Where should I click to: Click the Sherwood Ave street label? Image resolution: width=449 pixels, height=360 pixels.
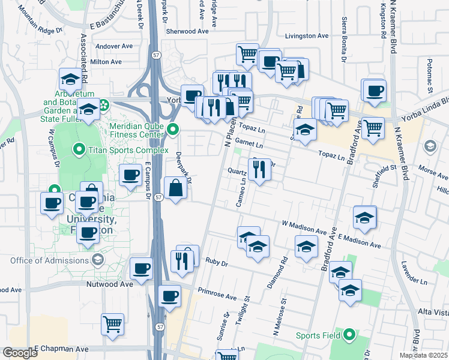click(x=187, y=31)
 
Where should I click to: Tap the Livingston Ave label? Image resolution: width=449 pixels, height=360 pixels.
click(x=307, y=36)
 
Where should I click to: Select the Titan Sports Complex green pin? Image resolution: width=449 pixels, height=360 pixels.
click(x=78, y=149)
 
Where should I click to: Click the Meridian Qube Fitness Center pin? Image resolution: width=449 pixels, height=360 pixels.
click(x=173, y=128)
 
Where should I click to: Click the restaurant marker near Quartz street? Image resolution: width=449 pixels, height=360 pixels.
click(x=259, y=170)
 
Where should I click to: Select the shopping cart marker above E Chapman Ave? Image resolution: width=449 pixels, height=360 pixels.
click(x=112, y=325)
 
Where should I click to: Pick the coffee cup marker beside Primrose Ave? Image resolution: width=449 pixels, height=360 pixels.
click(x=169, y=296)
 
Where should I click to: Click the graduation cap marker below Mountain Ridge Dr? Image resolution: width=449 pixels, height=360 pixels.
click(x=70, y=80)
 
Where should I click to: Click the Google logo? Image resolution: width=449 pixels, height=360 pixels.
click(x=20, y=353)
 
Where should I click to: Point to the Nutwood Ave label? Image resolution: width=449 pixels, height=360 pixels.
click(x=109, y=284)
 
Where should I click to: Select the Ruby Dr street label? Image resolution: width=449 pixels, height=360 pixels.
click(x=217, y=262)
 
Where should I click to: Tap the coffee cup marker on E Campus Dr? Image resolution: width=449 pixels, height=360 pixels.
click(x=130, y=175)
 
